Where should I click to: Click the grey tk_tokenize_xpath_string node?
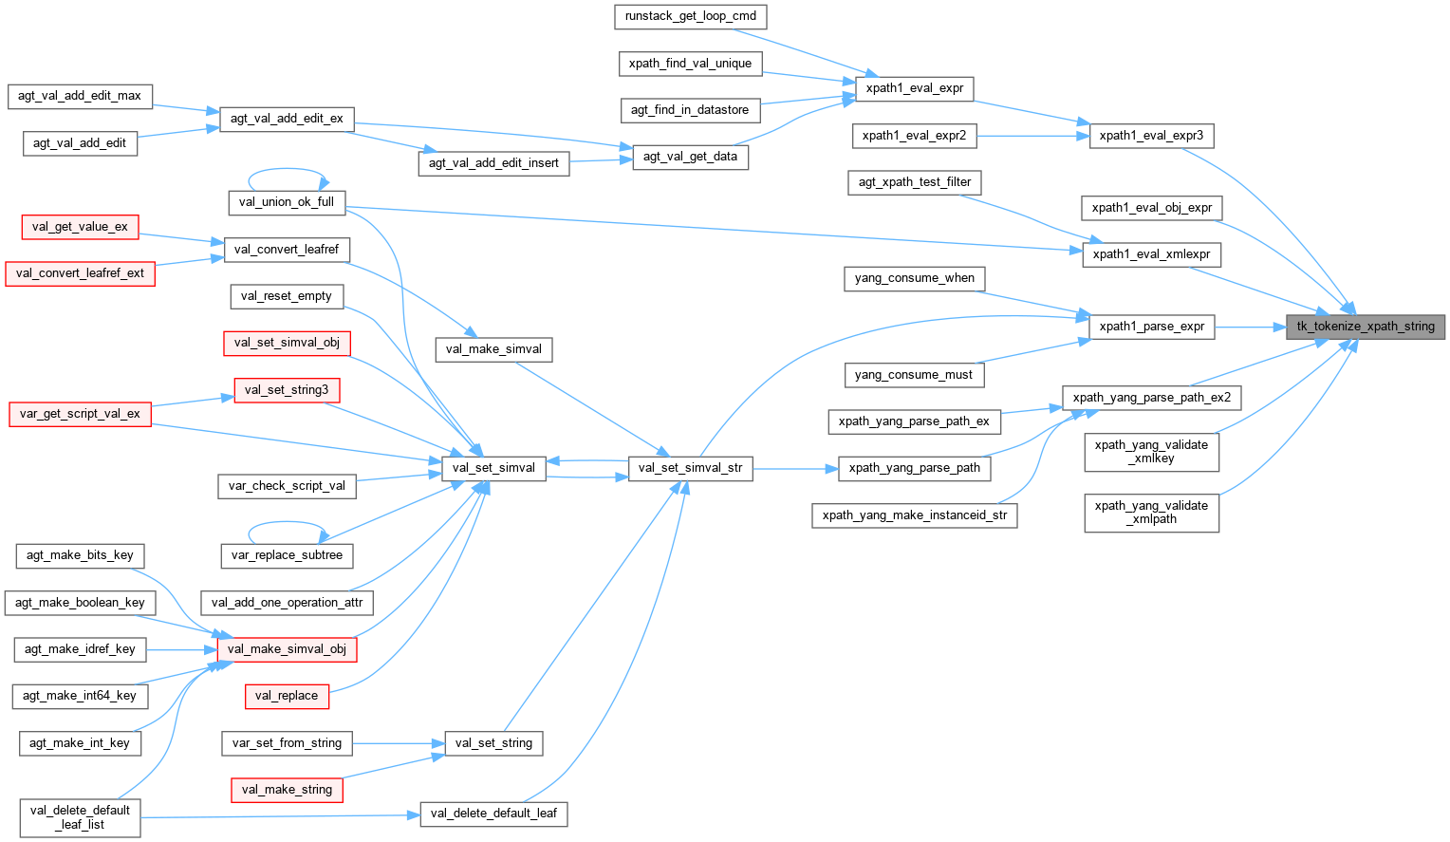point(1366,327)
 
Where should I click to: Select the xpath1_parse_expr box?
point(1151,327)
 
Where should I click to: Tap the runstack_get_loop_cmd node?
point(690,16)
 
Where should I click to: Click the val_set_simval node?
point(493,468)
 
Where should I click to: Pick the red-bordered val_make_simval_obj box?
point(287,649)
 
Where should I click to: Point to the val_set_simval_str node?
point(690,468)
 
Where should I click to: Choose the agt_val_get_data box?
point(690,157)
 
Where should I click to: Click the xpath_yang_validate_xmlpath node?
point(1151,513)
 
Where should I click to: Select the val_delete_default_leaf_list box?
point(80,817)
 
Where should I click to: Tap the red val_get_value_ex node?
point(80,227)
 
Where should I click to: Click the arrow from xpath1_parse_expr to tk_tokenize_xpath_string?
point(1250,327)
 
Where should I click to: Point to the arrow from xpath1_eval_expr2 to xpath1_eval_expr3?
point(1032,136)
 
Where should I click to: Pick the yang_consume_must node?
point(913,375)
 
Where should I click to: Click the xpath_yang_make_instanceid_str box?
point(914,515)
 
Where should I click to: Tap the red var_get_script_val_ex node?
point(80,414)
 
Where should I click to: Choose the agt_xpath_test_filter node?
point(914,182)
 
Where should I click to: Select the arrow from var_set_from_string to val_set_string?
point(399,743)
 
